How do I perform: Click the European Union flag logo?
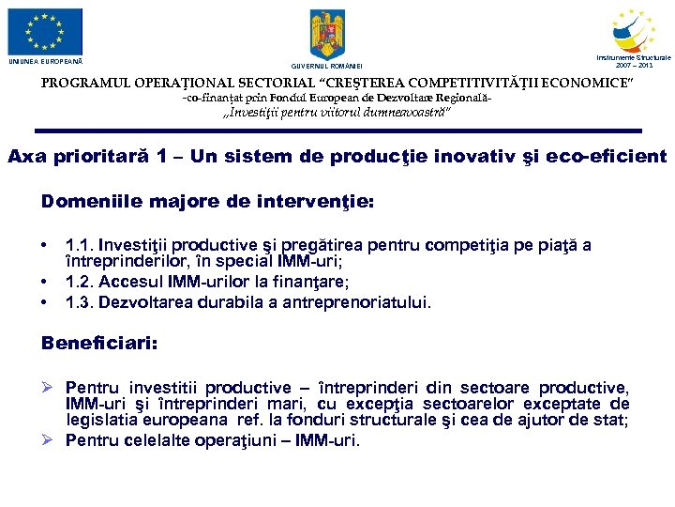(45, 31)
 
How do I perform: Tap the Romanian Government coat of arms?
(327, 35)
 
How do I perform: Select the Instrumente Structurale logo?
(633, 31)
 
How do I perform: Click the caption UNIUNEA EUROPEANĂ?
(46, 62)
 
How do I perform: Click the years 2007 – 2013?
(633, 66)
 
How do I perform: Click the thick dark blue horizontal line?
(337, 131)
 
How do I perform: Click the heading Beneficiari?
(99, 344)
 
